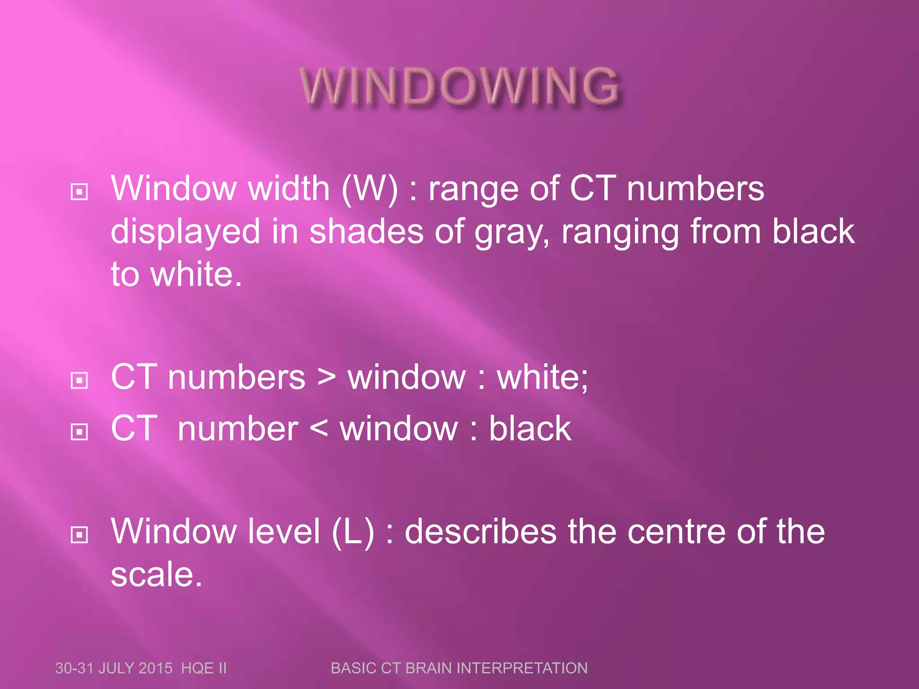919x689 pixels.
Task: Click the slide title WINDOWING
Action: pos(460,86)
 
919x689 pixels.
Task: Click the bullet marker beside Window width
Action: pos(79,192)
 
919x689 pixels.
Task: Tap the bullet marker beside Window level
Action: pos(79,534)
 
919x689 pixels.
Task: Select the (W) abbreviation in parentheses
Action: pos(369,189)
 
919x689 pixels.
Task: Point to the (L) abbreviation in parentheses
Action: pos(353,532)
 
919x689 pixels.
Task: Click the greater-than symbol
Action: pos(326,378)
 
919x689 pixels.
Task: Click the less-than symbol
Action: pos(319,429)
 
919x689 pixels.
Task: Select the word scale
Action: pos(157,575)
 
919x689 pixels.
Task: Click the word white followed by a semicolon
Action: pos(542,378)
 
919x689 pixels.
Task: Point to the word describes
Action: pos(481,532)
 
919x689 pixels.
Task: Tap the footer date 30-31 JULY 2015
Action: pos(114,668)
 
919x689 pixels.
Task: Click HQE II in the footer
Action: pos(204,668)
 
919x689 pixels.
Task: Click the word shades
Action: pos(366,231)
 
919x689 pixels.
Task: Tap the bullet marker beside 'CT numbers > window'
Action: pos(79,380)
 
